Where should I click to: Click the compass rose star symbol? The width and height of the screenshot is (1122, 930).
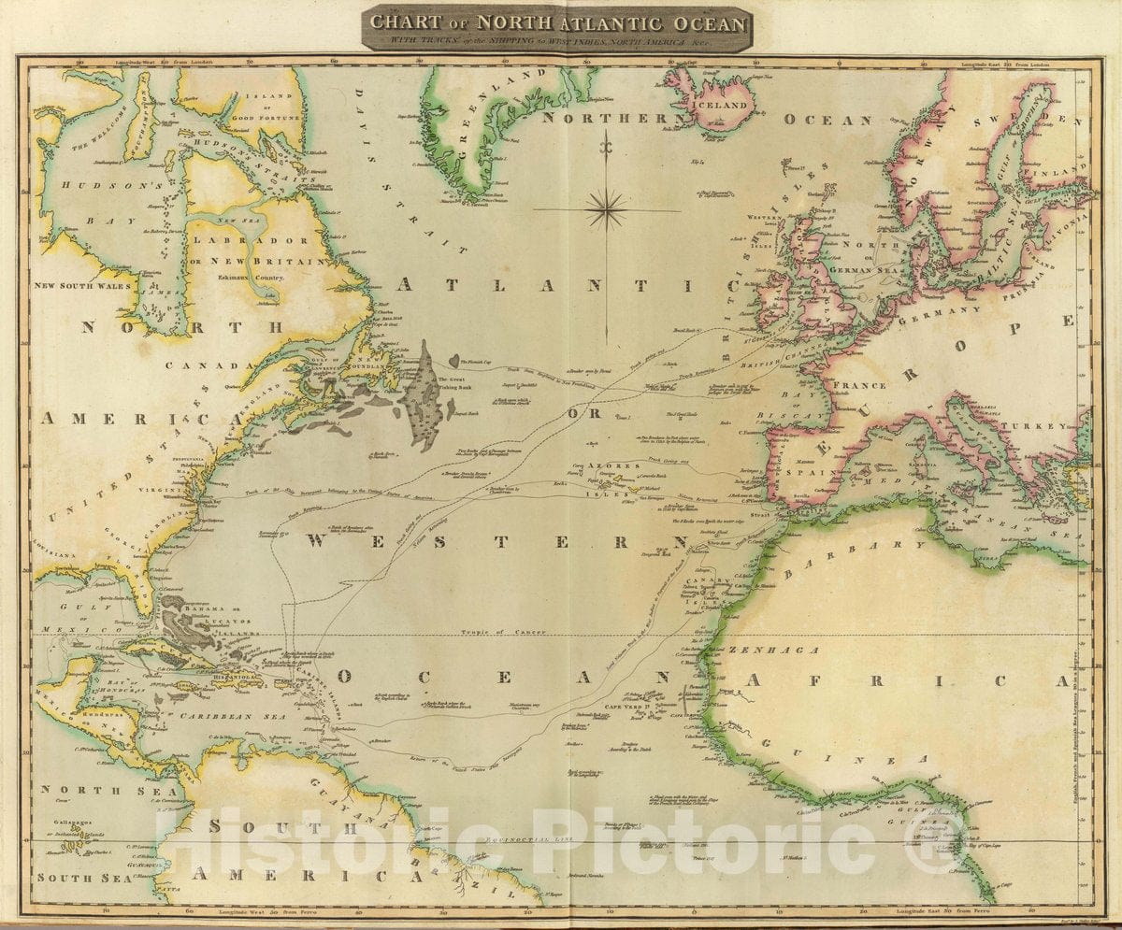[607, 208]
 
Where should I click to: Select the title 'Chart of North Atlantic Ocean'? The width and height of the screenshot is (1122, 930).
[558, 22]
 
